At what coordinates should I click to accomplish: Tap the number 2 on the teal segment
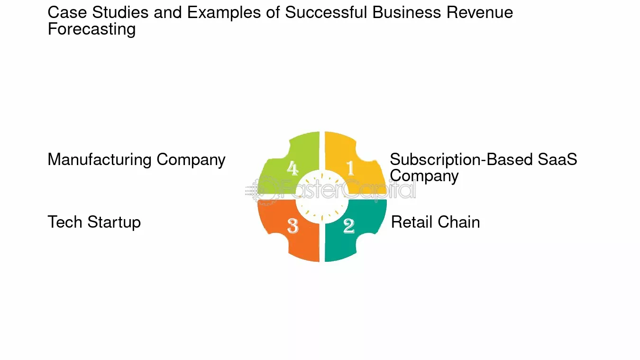pyautogui.click(x=349, y=226)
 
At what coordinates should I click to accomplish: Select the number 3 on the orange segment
pyautogui.click(x=293, y=226)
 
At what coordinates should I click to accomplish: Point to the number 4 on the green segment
pyautogui.click(x=293, y=168)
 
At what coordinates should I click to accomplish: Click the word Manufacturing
pyautogui.click(x=100, y=159)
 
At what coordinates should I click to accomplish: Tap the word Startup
pyautogui.click(x=114, y=222)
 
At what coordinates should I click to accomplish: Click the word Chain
pyautogui.click(x=459, y=222)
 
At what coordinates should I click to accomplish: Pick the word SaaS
pyautogui.click(x=558, y=159)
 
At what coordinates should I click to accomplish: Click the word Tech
pyautogui.click(x=65, y=222)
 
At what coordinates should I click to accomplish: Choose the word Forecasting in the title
pyautogui.click(x=91, y=29)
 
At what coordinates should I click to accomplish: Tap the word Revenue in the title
pyautogui.click(x=480, y=13)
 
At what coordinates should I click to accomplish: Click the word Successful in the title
pyautogui.click(x=326, y=13)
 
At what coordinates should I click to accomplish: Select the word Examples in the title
pyautogui.click(x=224, y=13)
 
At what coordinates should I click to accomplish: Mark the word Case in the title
pyautogui.click(x=67, y=13)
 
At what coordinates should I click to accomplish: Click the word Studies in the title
pyautogui.click(x=120, y=13)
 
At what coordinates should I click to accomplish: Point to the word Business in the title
pyautogui.click(x=407, y=13)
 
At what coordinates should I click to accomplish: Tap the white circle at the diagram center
pyautogui.click(x=322, y=197)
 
